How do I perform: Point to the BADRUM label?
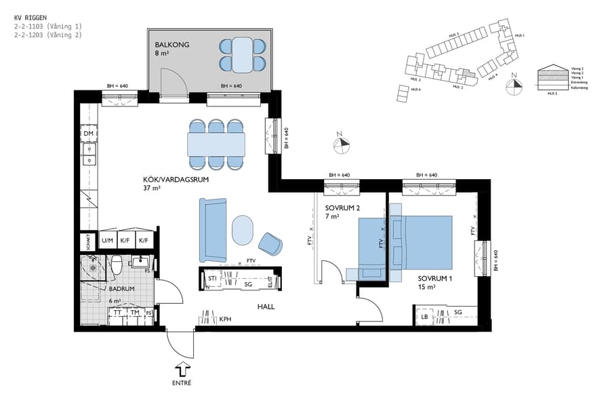(121, 288)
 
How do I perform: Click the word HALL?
(266, 307)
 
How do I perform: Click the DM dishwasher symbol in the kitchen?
(88, 134)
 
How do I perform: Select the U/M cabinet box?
(107, 240)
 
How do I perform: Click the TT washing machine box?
(117, 313)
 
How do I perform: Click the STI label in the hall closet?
(212, 278)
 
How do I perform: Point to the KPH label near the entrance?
(225, 319)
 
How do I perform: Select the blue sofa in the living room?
(212, 230)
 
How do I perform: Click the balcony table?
(242, 55)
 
